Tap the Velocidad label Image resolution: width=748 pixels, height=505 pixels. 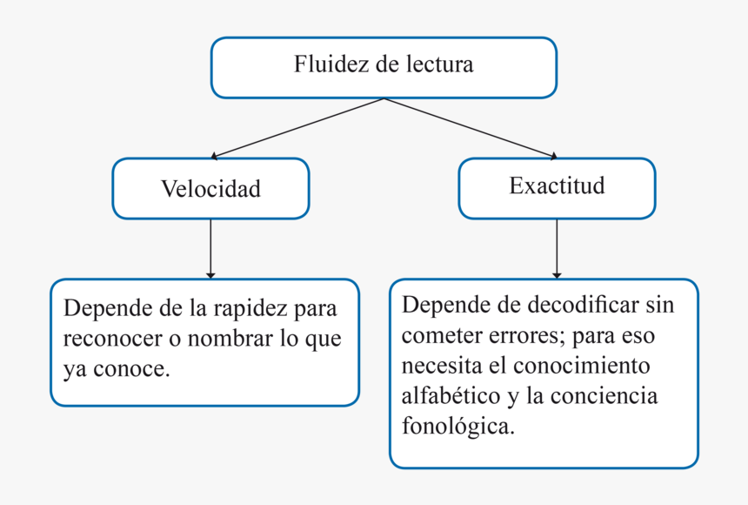coord(210,189)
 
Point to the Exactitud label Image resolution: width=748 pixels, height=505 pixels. coord(557,186)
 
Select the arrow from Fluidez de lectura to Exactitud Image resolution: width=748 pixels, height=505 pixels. coord(470,128)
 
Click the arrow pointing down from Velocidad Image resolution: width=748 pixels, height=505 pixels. coord(210,248)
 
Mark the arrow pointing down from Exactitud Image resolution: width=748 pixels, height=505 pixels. coord(557,248)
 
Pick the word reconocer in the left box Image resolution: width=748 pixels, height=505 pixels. coord(106,339)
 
